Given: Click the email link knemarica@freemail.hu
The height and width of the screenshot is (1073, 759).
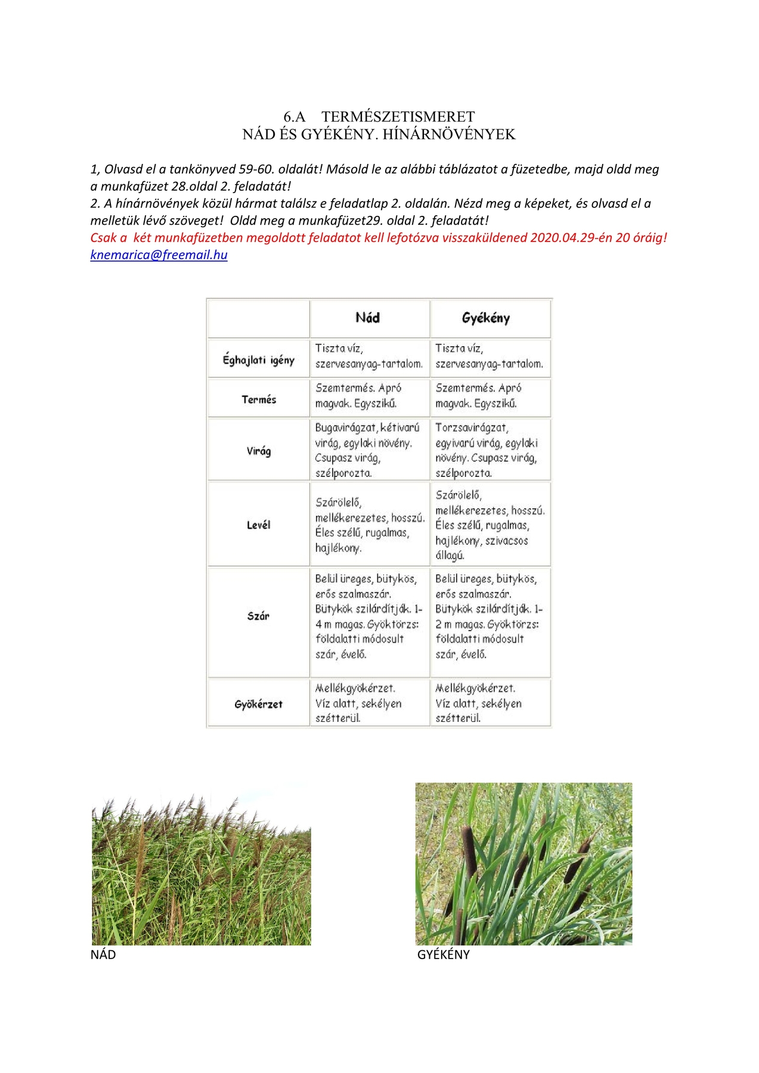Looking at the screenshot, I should pos(159,255).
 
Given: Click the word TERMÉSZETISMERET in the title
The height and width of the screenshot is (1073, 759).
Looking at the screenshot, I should pos(398,117).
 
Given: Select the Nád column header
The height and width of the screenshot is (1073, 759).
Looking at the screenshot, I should pos(367,318).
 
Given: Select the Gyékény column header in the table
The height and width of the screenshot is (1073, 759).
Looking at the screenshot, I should pos(486,318).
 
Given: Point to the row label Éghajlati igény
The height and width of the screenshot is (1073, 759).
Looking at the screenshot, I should pos(258,359).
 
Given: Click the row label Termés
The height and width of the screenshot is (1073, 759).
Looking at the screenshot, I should pos(259,399).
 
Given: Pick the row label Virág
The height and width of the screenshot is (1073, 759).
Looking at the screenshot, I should pos(259,451).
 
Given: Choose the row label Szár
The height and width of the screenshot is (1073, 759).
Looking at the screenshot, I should pos(259,616).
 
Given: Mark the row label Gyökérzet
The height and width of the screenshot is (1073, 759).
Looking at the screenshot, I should pos(259,704).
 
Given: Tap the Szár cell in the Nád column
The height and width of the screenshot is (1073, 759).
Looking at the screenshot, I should pos(368,616).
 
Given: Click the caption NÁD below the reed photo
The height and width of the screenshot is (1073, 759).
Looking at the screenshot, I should pos(103,955).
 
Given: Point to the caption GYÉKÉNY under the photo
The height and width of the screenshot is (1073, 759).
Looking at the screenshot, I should pos(443,955).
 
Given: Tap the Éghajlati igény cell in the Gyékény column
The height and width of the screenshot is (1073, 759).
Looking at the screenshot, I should pos(489,356).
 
